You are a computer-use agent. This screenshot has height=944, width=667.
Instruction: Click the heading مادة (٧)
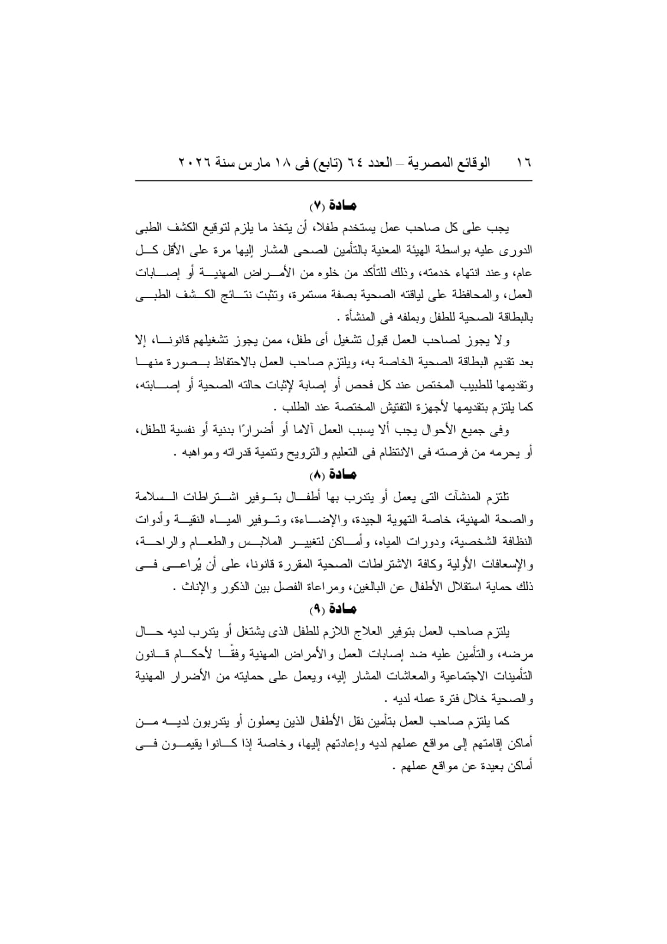(333, 206)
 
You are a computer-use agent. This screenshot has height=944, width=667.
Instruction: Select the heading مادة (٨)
(333, 474)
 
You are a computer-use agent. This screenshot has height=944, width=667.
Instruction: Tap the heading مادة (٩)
(333, 608)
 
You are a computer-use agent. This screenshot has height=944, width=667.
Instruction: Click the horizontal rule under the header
(333, 180)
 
